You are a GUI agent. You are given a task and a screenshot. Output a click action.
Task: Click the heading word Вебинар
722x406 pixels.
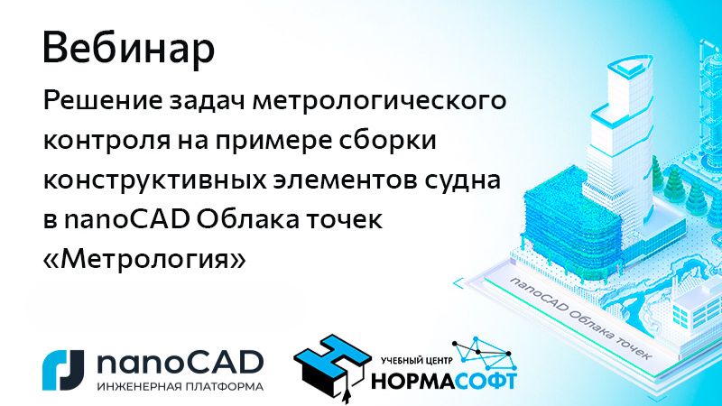[129, 50]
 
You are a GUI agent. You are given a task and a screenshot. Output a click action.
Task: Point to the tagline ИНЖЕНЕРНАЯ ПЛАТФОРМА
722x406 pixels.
[179, 386]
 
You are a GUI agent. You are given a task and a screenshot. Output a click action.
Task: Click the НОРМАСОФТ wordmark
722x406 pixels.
[444, 380]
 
